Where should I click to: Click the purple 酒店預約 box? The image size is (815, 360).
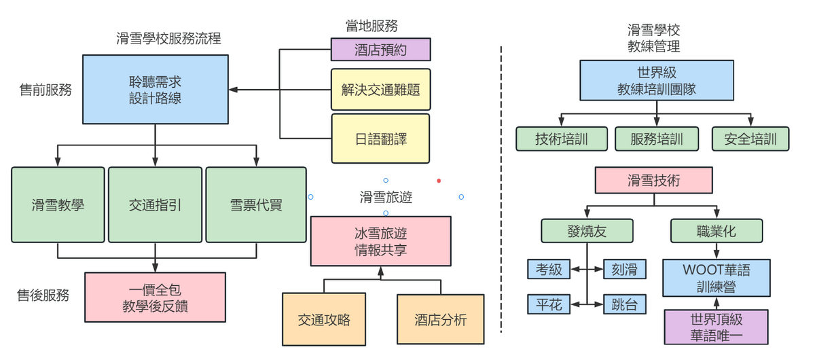click(x=380, y=50)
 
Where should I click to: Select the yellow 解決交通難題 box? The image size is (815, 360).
click(x=380, y=89)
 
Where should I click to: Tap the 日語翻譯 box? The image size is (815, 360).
click(x=380, y=139)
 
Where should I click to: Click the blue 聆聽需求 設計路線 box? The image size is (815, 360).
click(x=155, y=90)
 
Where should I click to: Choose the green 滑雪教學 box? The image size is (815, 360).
click(x=58, y=204)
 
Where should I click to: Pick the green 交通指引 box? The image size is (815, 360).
click(x=155, y=204)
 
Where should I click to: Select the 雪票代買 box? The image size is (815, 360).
click(x=255, y=204)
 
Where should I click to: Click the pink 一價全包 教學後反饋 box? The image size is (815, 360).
click(x=155, y=298)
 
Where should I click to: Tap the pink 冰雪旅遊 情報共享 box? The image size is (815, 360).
click(x=380, y=241)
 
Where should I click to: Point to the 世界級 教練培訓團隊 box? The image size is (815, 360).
click(x=656, y=80)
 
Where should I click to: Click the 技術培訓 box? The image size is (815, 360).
click(x=561, y=139)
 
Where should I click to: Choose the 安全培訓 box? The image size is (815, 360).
click(x=750, y=139)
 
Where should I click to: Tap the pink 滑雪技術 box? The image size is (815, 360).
click(x=653, y=181)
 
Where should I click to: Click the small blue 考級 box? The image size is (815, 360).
click(x=549, y=270)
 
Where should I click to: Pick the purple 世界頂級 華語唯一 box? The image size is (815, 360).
click(x=717, y=327)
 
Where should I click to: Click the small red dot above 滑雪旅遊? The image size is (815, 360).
click(x=439, y=181)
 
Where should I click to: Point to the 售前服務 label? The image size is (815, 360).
click(x=45, y=89)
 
